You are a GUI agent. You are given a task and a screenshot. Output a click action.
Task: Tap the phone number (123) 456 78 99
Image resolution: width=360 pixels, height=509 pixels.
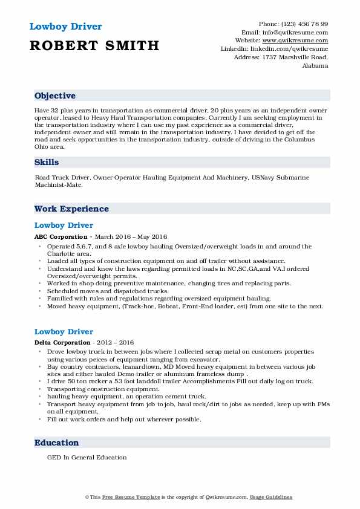tap(306, 24)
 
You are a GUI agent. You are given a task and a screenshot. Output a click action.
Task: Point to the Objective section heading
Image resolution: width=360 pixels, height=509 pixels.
tap(55, 96)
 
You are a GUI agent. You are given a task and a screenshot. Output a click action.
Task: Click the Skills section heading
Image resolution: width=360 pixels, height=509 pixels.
tap(47, 163)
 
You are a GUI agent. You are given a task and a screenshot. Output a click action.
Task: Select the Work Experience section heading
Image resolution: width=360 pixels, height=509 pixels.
tap(71, 209)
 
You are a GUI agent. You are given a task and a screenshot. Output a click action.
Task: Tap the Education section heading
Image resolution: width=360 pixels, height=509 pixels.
tap(56, 443)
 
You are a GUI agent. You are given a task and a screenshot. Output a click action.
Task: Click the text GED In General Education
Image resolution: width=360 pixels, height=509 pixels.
tap(87, 458)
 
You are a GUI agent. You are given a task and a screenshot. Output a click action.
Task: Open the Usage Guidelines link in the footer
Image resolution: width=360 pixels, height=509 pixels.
tap(272, 497)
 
